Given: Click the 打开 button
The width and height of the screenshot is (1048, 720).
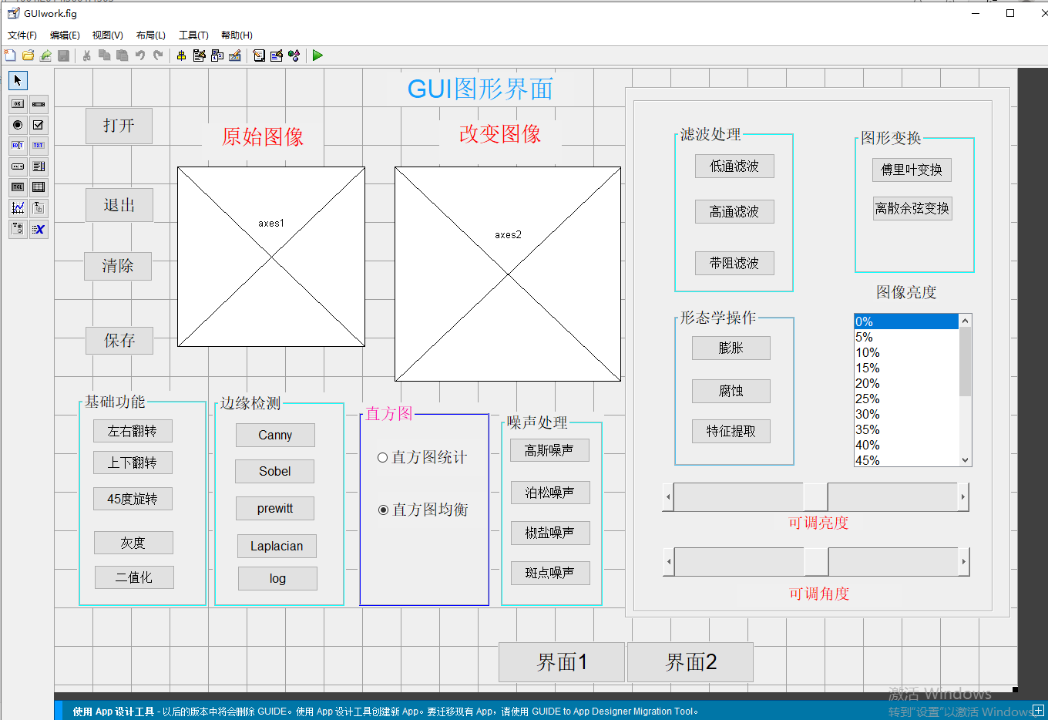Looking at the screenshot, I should coord(119,126).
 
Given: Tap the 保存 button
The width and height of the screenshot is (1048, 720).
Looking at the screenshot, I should coord(119,340).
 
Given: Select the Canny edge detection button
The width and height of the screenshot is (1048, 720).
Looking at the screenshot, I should coord(275,435).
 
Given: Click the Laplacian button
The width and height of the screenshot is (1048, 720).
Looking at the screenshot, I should coord(277,546).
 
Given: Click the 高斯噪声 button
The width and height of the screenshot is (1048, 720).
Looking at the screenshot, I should coord(549,450).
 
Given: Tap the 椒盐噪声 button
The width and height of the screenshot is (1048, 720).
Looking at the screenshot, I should coord(549,533).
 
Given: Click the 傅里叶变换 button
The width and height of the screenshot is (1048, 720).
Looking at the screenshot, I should coord(912,170).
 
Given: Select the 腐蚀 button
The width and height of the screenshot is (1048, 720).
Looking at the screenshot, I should coord(731,391).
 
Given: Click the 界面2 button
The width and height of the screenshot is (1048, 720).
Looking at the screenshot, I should coord(690,661).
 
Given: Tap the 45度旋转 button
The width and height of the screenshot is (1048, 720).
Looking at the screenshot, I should coord(133,499).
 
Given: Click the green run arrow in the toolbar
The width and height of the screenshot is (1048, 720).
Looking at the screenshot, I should coord(317,56).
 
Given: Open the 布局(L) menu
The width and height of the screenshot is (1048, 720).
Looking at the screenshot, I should coord(150,35).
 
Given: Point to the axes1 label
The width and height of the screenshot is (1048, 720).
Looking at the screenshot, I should coord(271,224).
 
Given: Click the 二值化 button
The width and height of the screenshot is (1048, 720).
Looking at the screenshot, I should coord(134,577).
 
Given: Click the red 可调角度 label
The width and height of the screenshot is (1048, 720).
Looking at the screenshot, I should coord(818,594).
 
